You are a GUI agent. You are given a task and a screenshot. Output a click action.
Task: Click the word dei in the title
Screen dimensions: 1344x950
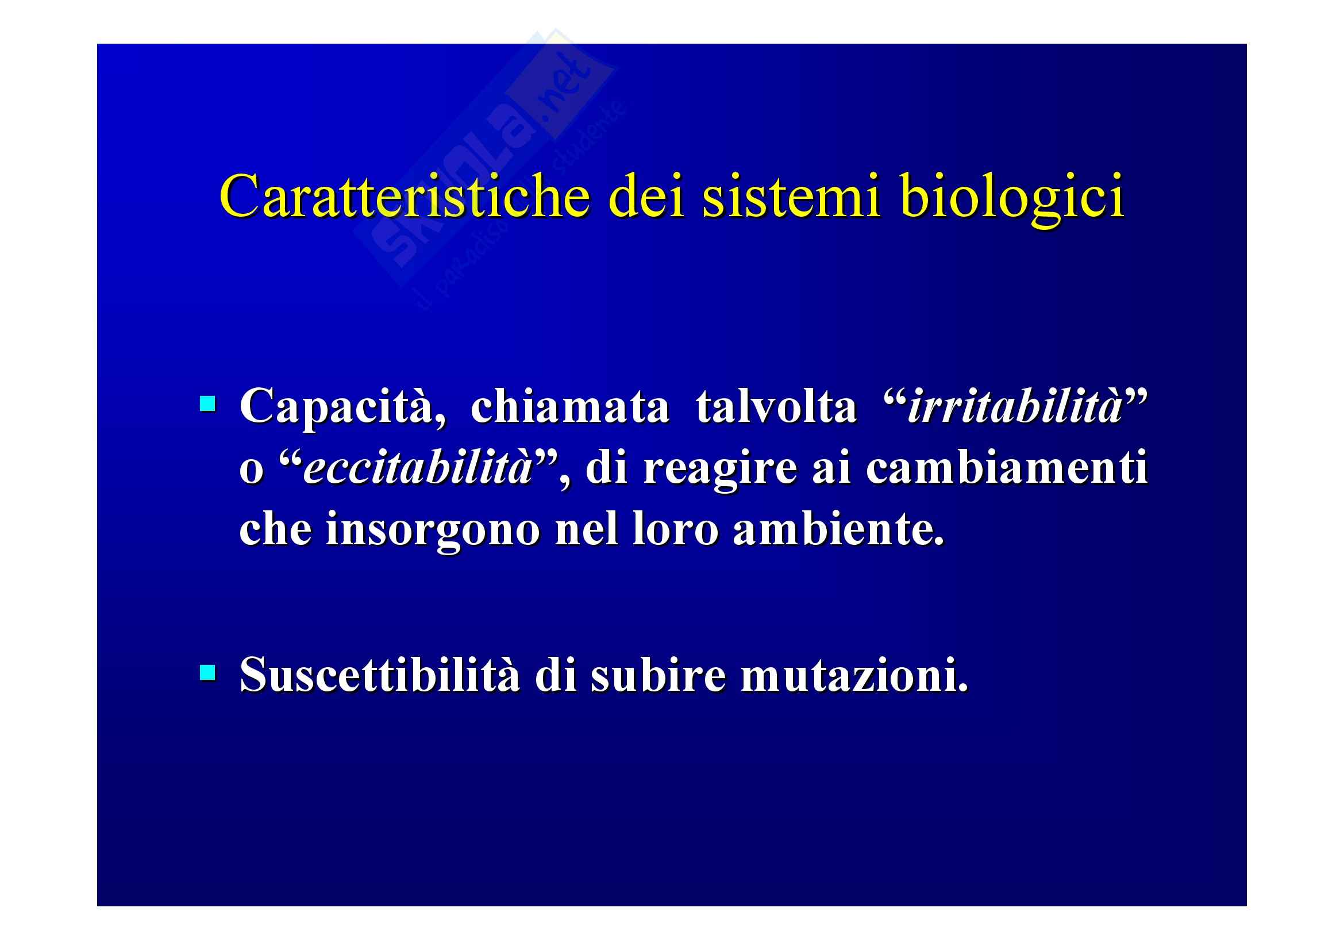point(647,195)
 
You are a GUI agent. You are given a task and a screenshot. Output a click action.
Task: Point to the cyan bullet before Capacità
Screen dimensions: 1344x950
point(207,404)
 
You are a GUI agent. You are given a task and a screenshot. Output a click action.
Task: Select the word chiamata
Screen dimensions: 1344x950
point(569,406)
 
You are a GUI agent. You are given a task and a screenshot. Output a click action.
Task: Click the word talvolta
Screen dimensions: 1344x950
point(776,406)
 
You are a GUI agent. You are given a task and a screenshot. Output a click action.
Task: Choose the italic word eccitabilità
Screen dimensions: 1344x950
point(418,468)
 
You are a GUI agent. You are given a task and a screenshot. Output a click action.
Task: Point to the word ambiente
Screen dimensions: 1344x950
point(838,529)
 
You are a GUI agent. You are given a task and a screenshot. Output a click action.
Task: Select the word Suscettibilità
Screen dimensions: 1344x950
point(379,674)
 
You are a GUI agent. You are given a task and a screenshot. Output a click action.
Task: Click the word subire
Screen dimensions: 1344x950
point(658,674)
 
